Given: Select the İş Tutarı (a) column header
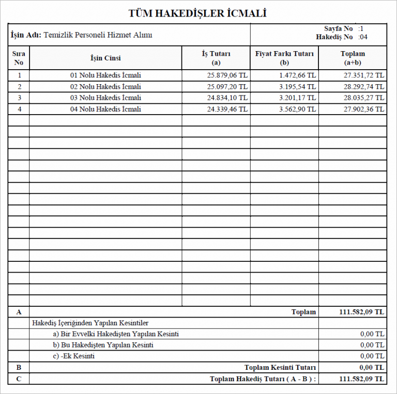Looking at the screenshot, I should (216, 58).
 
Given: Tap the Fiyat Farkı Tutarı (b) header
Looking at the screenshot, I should (284, 58).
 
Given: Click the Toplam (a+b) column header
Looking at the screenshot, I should (353, 58).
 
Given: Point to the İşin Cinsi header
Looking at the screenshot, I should (105, 58).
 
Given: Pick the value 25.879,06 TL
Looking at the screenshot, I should (227, 75).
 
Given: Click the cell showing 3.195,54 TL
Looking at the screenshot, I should (297, 87).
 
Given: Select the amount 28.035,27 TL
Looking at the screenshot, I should (364, 98).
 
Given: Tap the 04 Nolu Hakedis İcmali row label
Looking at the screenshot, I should (105, 109).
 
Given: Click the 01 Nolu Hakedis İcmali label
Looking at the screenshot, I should (105, 75).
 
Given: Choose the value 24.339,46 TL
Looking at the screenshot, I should (227, 109).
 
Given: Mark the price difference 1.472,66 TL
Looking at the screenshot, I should (297, 75).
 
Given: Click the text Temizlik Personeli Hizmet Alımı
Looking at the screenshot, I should (98, 35).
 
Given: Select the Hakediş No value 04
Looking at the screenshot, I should (364, 37).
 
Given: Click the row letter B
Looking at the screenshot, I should (19, 368).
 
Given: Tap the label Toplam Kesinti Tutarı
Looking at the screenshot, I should (280, 368).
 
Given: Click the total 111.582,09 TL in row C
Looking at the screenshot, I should (361, 379).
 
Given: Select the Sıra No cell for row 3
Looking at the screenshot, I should (19, 98).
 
